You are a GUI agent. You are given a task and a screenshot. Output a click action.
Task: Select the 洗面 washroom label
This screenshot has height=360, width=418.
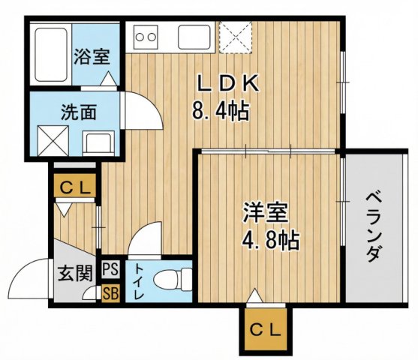pos(78,113)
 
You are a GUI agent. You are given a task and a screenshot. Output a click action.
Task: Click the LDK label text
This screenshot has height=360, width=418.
pos(224,82)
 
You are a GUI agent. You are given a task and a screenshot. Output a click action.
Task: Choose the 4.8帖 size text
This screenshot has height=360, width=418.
pos(270,240)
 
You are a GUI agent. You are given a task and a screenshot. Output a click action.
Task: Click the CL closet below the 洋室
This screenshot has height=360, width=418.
pos(266,329)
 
